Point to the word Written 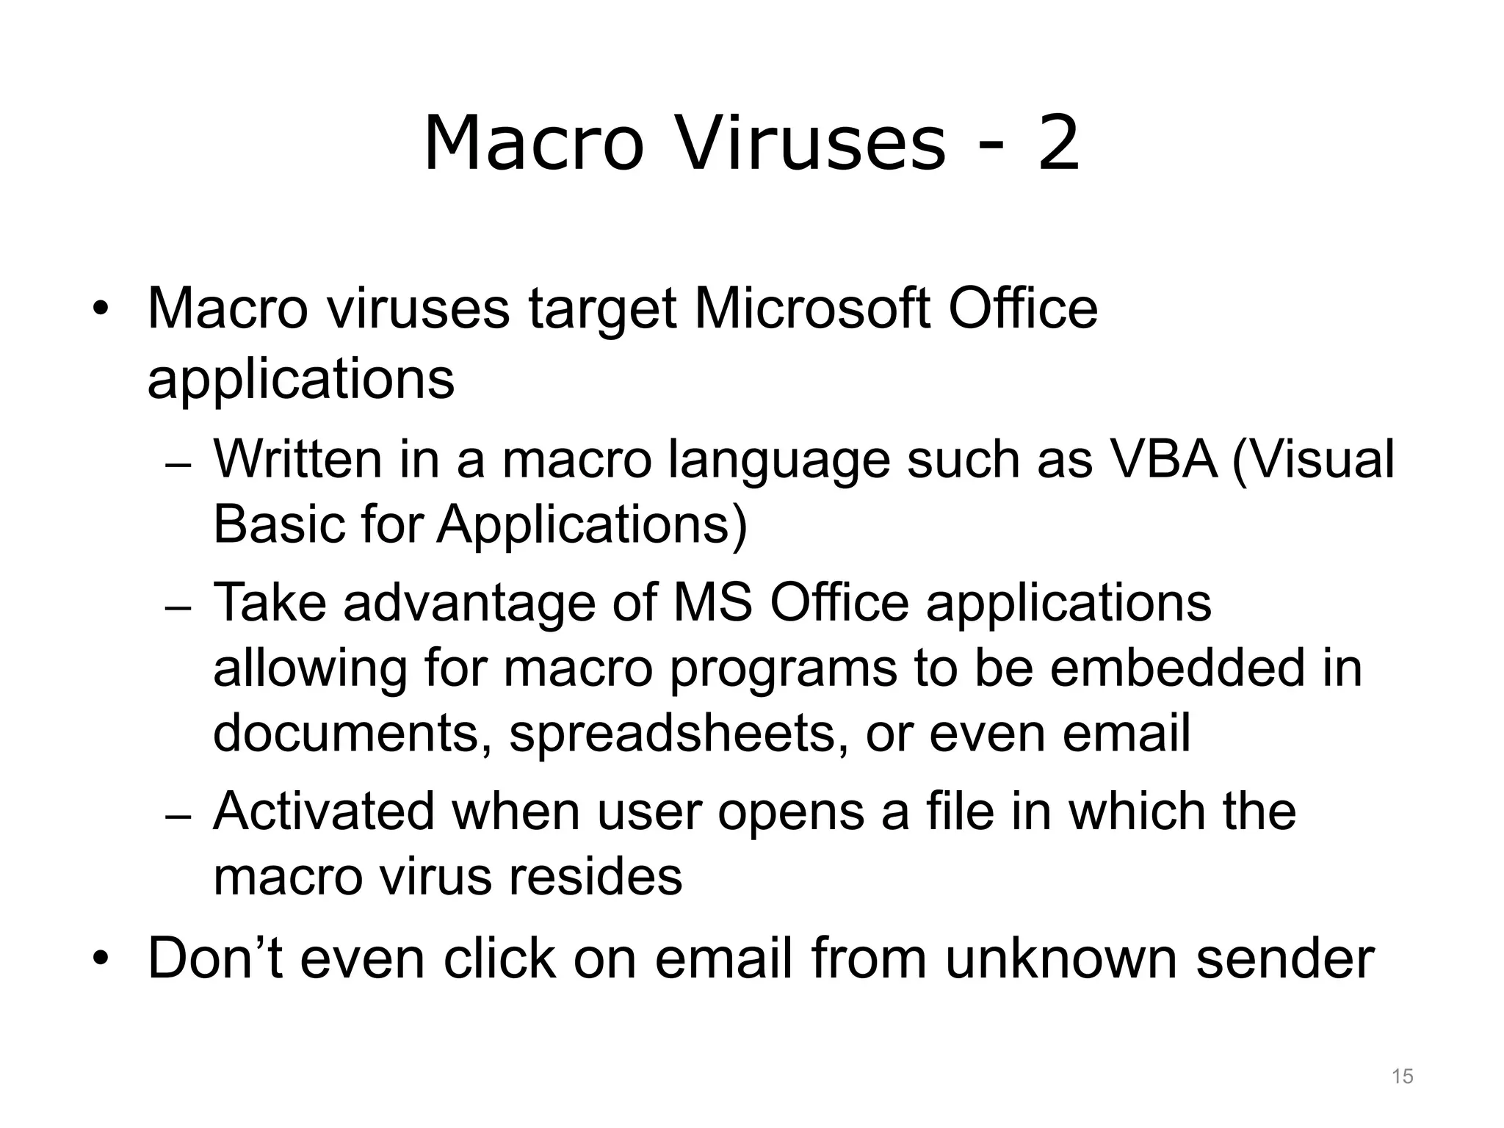click(x=297, y=459)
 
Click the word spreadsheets click(x=673, y=734)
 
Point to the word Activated click(x=324, y=811)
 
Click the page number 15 click(x=1402, y=1077)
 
